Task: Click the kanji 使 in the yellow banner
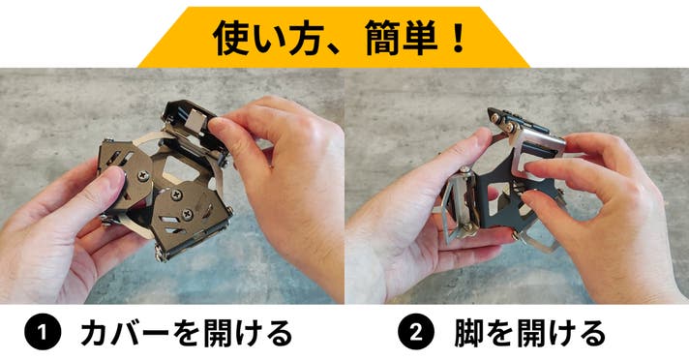point(231,38)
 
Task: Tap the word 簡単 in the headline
point(401,39)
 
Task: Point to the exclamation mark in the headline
point(458,39)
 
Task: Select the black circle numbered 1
point(43,332)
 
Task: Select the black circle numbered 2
point(416,332)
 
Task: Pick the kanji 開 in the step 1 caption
point(212,333)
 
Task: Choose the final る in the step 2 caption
point(592,333)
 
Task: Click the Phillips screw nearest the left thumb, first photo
point(143,176)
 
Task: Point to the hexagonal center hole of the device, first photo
point(182,170)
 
